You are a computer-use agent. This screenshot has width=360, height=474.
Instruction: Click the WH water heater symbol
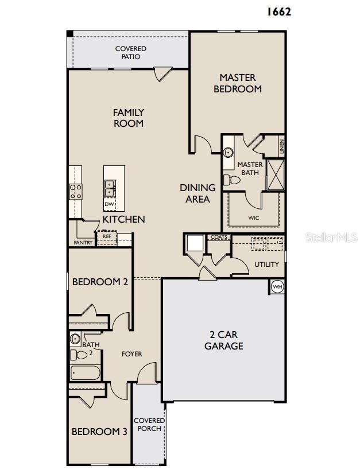[277, 286]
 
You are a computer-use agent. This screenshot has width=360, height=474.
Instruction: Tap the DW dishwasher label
[109, 204]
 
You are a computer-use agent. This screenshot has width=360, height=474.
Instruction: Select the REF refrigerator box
[107, 236]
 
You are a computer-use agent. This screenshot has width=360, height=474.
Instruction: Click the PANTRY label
[83, 243]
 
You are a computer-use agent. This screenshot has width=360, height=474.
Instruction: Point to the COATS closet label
[219, 237]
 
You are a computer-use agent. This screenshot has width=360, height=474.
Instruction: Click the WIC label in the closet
[253, 218]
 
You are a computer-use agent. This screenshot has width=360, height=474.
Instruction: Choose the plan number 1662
[279, 11]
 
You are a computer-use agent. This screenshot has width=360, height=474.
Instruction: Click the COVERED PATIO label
[131, 53]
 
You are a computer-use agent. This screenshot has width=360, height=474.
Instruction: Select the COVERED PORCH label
[149, 425]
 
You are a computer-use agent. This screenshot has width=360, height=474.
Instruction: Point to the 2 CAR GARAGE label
[223, 340]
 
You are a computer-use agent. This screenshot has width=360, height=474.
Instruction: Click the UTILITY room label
[266, 265]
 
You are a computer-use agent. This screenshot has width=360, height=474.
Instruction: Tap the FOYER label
[131, 354]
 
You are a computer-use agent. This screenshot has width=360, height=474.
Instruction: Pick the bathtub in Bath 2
[85, 374]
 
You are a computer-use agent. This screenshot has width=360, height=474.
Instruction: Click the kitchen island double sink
[110, 186]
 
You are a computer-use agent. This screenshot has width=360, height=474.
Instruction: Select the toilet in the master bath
[231, 180]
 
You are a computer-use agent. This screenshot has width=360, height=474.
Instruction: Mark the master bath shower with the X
[276, 174]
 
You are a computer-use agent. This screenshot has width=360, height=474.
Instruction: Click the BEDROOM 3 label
[99, 432]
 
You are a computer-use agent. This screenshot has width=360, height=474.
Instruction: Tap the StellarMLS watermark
[331, 236]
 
